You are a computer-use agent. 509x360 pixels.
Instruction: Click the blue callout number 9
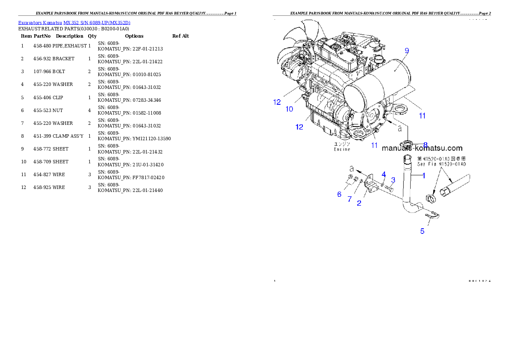406,50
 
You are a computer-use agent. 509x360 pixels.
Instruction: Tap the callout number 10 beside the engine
289,109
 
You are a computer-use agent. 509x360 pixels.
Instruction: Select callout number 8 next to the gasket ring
425,145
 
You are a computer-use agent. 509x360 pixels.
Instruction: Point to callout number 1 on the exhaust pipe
424,175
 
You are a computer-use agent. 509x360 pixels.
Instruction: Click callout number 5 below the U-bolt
422,231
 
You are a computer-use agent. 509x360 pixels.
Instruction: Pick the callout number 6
339,194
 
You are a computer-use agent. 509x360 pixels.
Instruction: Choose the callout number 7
349,199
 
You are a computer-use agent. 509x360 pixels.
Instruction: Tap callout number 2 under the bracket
359,204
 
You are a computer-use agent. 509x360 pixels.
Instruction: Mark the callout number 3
393,180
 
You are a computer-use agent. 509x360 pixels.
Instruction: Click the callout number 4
384,174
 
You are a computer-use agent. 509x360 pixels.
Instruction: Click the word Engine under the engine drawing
342,149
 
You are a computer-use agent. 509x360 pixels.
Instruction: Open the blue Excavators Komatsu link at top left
74,22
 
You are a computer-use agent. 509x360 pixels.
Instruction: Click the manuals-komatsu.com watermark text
422,148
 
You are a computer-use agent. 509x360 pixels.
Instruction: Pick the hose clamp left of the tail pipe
431,198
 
